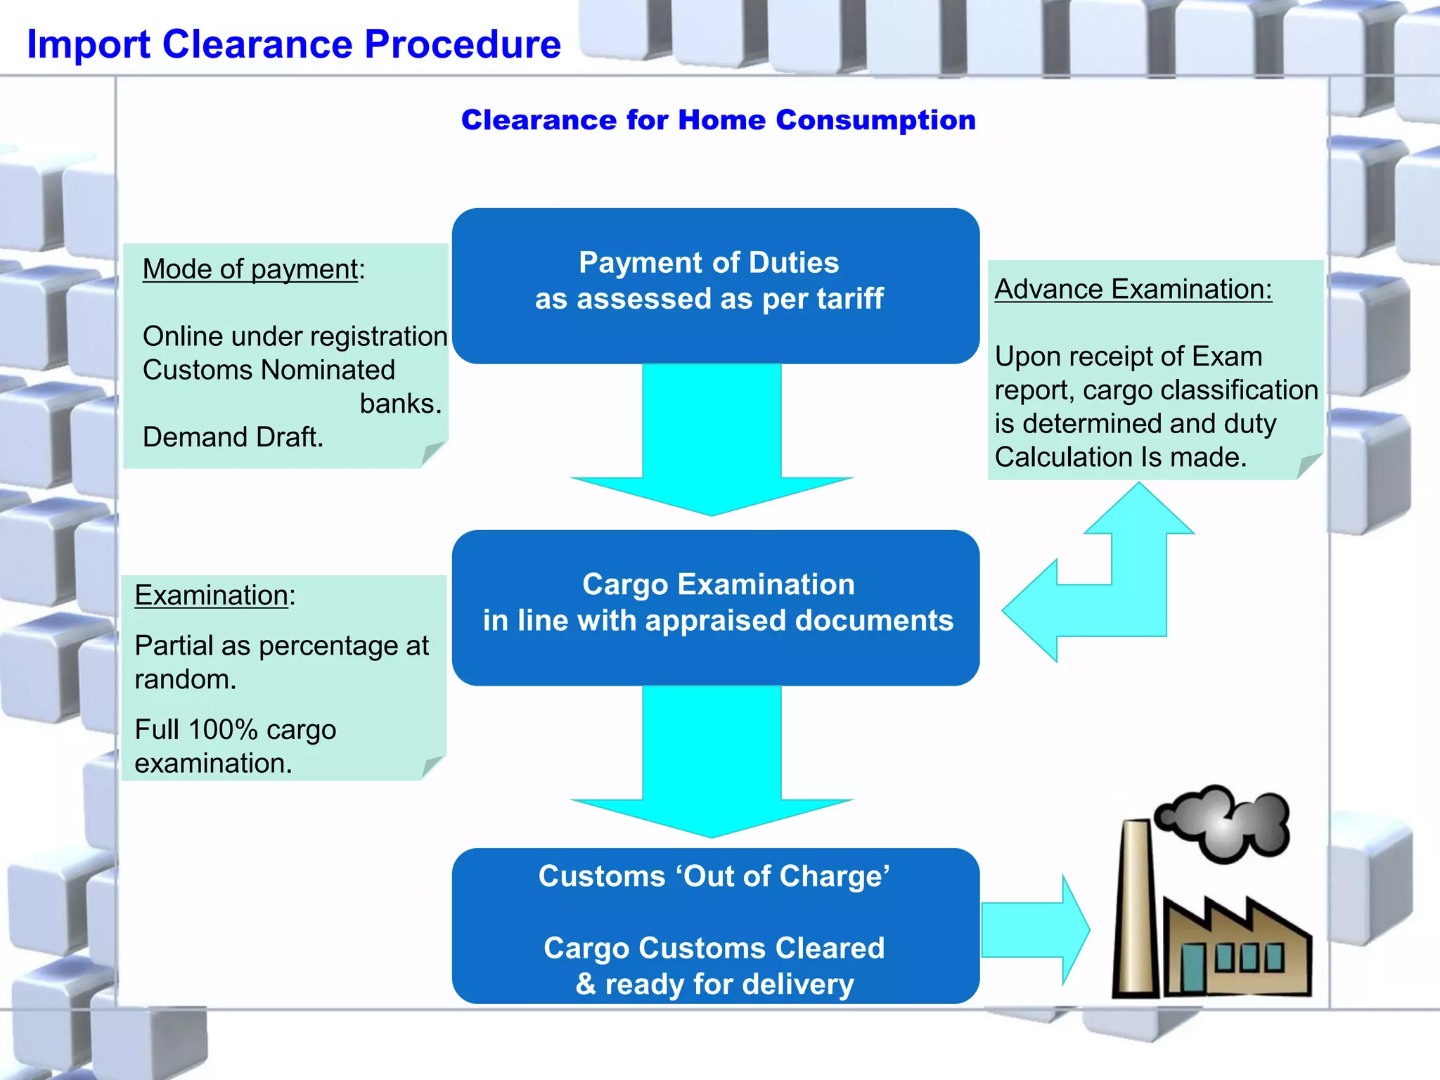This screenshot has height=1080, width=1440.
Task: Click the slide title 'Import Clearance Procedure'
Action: pyautogui.click(x=294, y=44)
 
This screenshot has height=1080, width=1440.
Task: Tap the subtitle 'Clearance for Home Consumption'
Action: pyautogui.click(x=718, y=120)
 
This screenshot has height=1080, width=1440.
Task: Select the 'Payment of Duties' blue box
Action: pyautogui.click(x=715, y=285)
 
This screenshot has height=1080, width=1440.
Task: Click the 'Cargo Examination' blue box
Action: pyautogui.click(x=715, y=607)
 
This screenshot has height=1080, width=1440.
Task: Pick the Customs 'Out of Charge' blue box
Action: pyautogui.click(x=715, y=925)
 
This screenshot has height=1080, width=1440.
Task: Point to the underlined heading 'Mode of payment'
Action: pyautogui.click(x=250, y=269)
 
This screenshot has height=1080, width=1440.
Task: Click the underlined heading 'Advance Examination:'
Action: pyautogui.click(x=1133, y=289)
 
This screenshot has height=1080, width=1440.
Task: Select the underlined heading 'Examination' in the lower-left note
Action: pyautogui.click(x=211, y=596)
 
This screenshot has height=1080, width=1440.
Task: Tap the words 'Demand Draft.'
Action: pyautogui.click(x=233, y=437)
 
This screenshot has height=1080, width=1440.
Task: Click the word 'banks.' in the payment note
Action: pyautogui.click(x=400, y=404)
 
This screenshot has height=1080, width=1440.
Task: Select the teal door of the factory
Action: pyautogui.click(x=1192, y=967)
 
